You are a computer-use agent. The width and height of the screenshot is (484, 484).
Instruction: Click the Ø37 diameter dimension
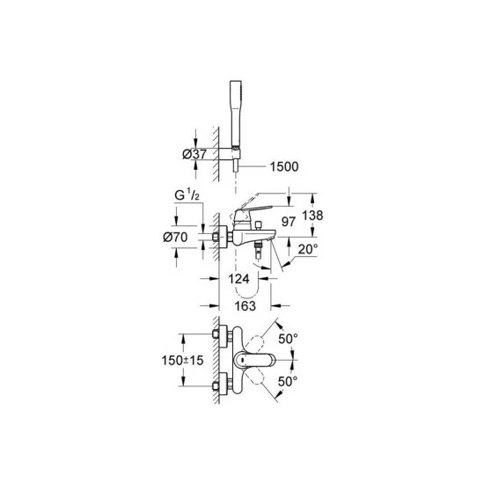point(194,154)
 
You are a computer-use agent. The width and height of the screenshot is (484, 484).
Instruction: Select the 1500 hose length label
point(284,166)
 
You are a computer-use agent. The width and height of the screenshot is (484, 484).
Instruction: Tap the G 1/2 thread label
point(187,195)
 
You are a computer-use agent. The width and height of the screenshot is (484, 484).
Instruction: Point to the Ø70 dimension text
point(175,237)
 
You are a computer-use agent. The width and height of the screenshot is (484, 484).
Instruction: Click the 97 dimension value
point(289,222)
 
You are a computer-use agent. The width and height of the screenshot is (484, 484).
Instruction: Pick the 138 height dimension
point(312,215)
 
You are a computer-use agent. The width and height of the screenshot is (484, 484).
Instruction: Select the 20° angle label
point(308,249)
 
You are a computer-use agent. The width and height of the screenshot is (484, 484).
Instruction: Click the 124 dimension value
point(238,279)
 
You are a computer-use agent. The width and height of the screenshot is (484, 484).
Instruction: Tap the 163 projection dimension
point(246,306)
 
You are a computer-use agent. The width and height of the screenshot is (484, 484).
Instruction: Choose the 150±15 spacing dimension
point(183,360)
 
